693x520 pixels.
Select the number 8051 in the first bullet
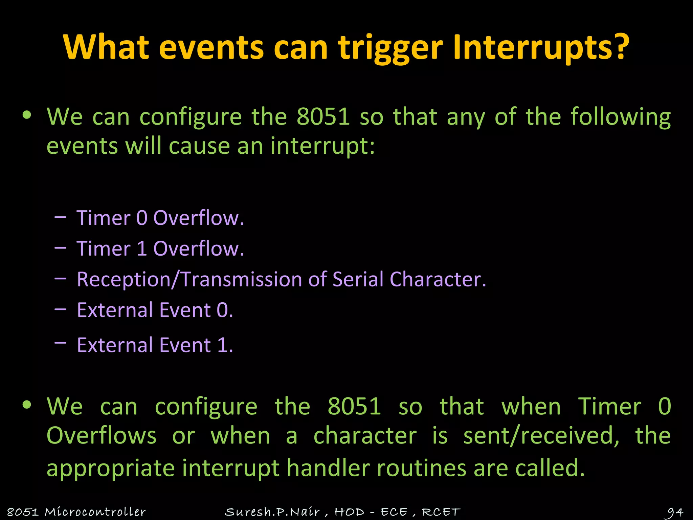323,117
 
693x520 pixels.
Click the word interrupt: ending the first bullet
323,147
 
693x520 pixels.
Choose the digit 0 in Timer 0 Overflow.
142,218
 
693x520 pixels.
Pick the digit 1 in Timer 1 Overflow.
142,249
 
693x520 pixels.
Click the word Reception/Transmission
189,280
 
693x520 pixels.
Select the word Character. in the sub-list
438,280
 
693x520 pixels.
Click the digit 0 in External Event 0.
223,310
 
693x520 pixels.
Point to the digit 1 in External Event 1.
223,345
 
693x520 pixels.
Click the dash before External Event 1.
60,343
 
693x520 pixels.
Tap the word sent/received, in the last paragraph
541,436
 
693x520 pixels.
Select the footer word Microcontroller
95,512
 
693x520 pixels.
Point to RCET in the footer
441,512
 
